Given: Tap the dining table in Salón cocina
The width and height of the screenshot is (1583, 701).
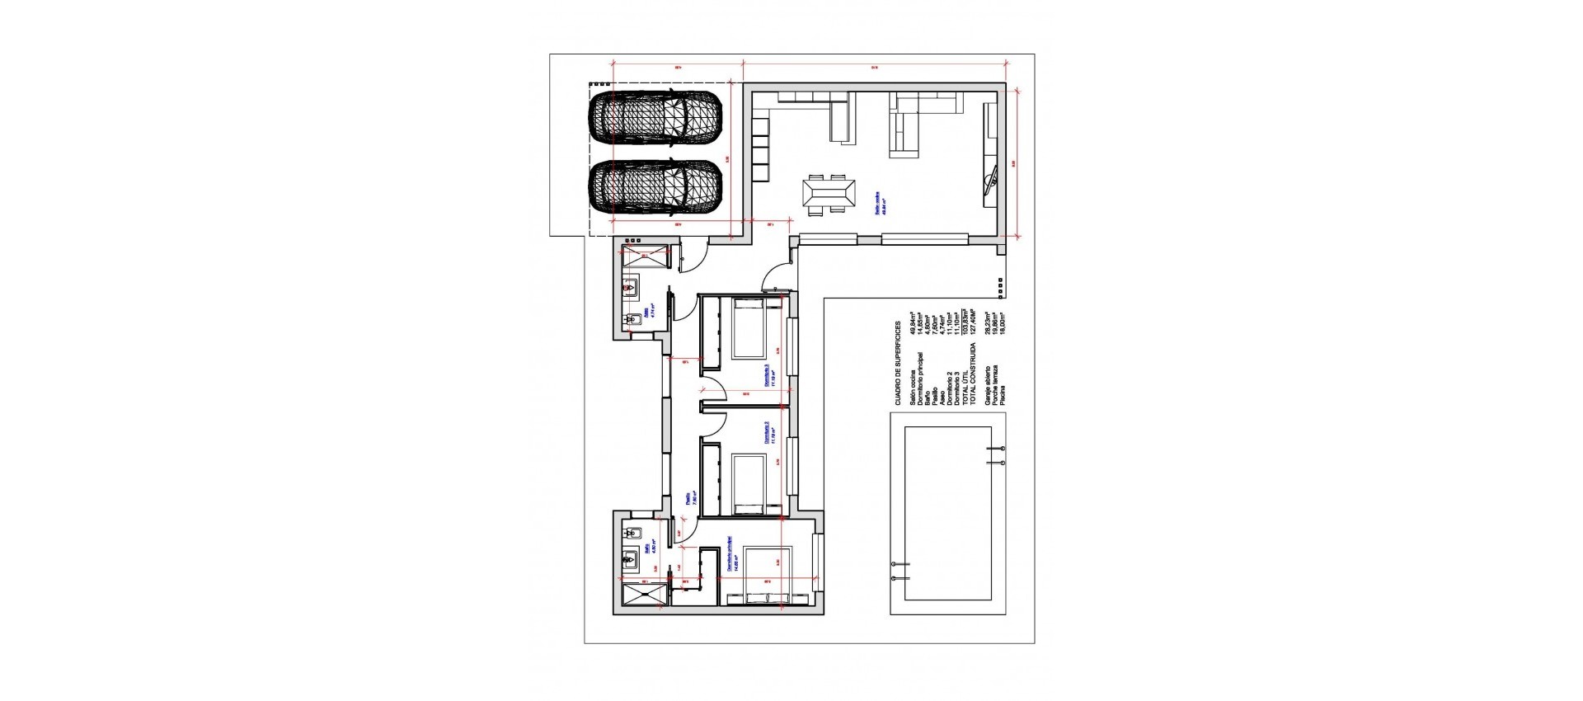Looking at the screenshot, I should pos(829,196).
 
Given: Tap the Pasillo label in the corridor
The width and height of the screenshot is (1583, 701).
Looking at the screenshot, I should pos(688,500).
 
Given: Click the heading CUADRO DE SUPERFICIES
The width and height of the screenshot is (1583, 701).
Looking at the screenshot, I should pos(898,364).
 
